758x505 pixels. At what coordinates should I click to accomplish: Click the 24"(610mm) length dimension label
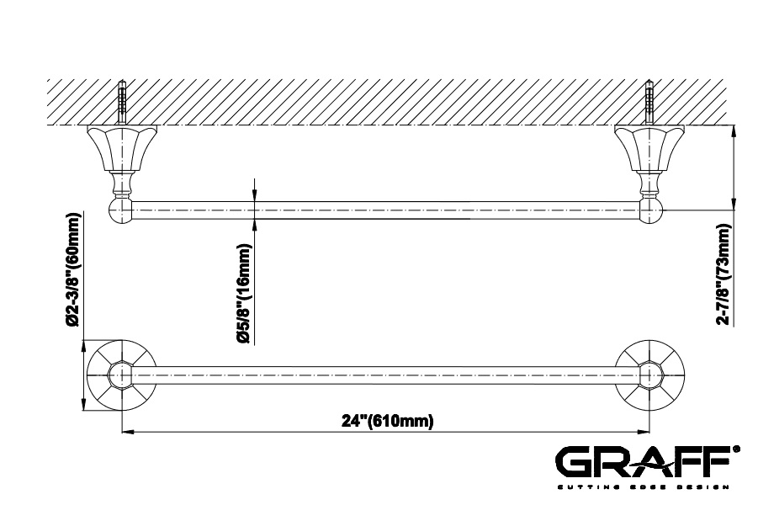388,421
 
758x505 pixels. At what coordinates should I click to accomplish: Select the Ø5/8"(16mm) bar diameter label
244,294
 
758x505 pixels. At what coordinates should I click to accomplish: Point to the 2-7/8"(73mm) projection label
724,274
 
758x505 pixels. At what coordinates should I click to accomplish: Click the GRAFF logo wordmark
647,461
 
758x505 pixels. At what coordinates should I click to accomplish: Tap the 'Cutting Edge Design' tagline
643,486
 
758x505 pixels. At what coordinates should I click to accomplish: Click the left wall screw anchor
121,104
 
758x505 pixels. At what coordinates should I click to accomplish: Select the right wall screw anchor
650,104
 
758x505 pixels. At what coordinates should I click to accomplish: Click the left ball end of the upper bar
119,210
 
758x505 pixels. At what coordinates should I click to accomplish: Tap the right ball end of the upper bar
652,210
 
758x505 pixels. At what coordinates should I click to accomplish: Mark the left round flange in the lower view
121,376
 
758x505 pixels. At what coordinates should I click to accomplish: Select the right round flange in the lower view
650,376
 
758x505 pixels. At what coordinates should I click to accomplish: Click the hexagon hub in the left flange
121,376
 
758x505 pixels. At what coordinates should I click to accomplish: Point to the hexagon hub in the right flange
650,376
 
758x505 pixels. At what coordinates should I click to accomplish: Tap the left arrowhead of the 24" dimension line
126,432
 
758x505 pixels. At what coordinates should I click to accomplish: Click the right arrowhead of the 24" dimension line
645,432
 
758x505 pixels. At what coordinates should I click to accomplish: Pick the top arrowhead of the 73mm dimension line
734,131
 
